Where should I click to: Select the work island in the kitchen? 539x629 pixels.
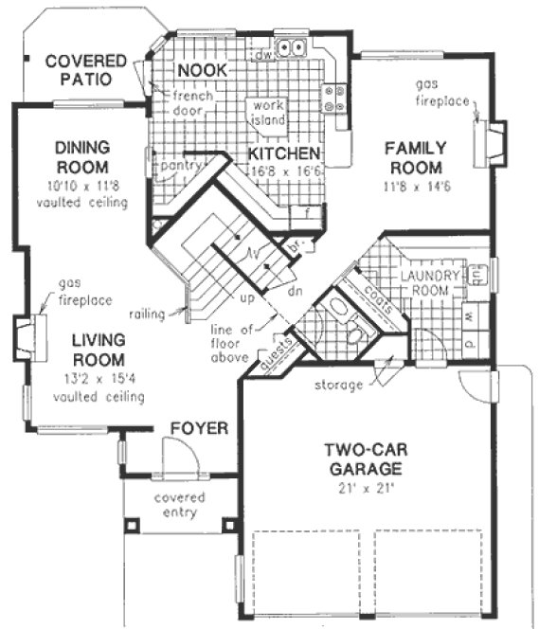(267, 115)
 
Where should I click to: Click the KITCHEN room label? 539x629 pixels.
(283, 153)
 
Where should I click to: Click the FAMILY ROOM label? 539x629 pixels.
(414, 157)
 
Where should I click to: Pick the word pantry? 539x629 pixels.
(179, 165)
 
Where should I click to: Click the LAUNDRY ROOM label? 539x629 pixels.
(429, 282)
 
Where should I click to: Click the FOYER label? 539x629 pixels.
(199, 429)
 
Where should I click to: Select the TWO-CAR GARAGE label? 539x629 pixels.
(365, 458)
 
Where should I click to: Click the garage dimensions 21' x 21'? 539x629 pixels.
(365, 490)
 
